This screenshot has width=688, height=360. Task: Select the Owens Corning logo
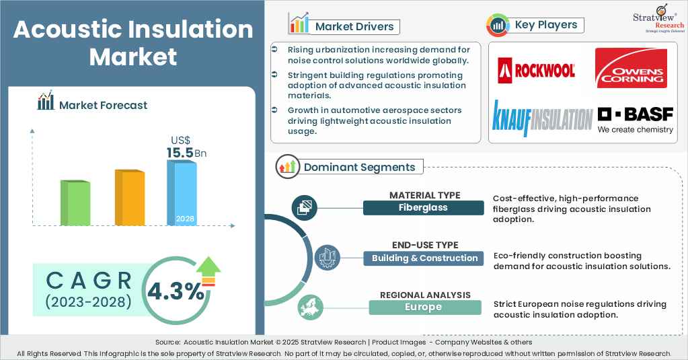click(x=631, y=68)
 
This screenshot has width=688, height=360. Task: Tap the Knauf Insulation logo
click(x=542, y=118)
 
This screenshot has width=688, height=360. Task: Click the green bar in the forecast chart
click(x=75, y=203)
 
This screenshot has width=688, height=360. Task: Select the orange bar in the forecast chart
click(x=129, y=197)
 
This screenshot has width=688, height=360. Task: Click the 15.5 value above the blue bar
click(x=180, y=153)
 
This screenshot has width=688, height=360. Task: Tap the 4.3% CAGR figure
click(x=176, y=291)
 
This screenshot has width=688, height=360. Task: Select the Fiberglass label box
click(x=423, y=208)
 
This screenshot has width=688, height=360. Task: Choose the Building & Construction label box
click(x=424, y=258)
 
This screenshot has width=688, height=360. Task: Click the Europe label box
click(x=424, y=307)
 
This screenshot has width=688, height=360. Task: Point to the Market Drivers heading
click(x=355, y=27)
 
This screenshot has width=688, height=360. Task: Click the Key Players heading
click(x=545, y=26)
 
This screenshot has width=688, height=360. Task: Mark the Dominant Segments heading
click(x=359, y=167)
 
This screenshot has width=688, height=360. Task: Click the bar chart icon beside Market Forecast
click(x=46, y=102)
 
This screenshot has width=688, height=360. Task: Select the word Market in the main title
click(x=133, y=57)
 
